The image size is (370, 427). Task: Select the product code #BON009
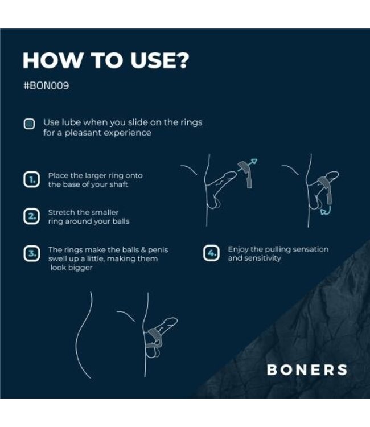46,88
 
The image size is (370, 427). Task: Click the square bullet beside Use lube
29,124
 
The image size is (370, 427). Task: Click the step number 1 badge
30,180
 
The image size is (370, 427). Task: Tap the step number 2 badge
30,216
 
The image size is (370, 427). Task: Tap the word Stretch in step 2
62,212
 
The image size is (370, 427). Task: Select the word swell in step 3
60,258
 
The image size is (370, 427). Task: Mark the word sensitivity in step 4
262,258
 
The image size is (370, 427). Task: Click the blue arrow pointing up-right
252,163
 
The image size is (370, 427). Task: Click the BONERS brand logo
307,369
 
